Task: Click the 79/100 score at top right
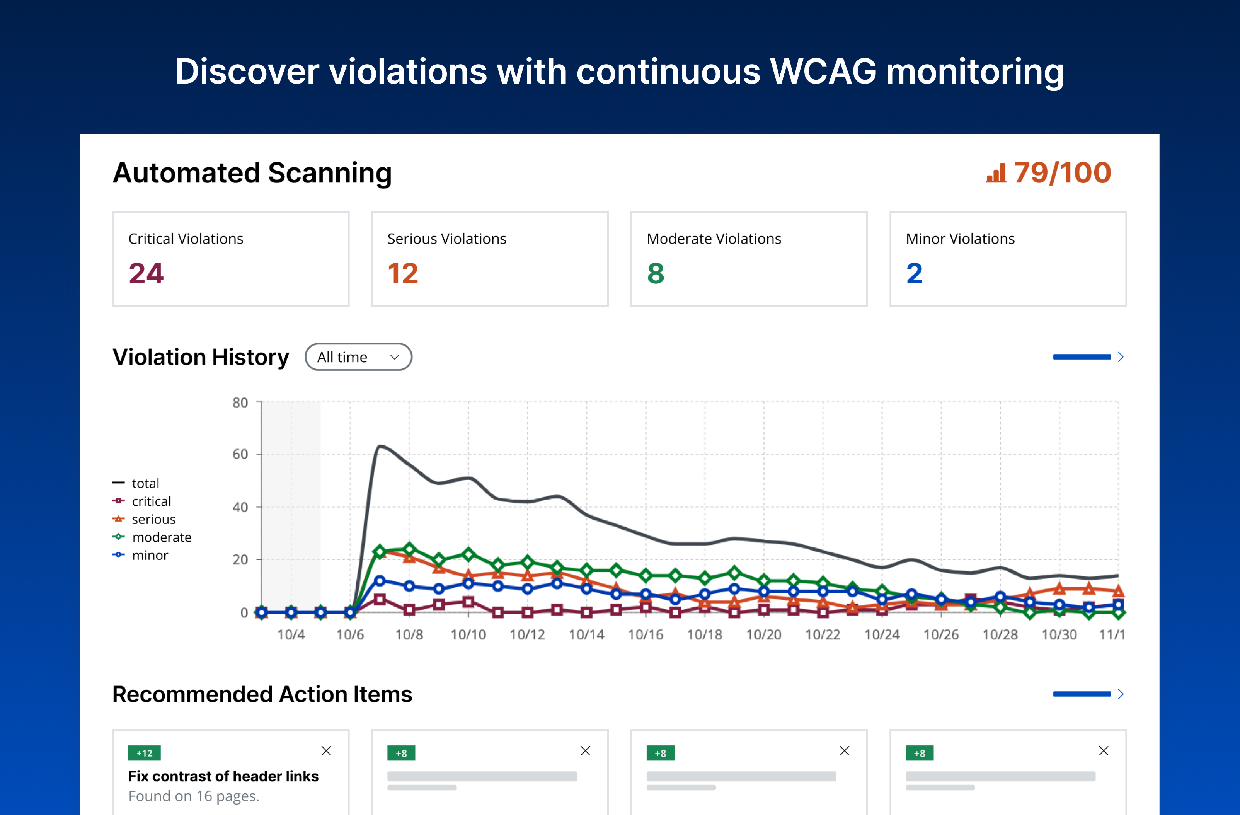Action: point(1062,173)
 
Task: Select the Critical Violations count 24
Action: point(146,274)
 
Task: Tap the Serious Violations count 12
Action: point(403,274)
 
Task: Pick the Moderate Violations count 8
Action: point(656,274)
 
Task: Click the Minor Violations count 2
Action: point(915,274)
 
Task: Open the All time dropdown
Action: point(358,357)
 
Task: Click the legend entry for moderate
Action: point(162,537)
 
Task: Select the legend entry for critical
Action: point(151,501)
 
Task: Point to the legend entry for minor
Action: point(150,556)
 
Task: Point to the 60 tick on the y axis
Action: point(240,454)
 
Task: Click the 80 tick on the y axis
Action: point(240,402)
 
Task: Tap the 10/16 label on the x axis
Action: point(646,635)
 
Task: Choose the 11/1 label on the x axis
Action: point(1112,635)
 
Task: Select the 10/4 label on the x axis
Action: point(291,635)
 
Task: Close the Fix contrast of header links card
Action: point(326,751)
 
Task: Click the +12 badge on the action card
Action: point(144,753)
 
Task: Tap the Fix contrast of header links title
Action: point(223,776)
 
